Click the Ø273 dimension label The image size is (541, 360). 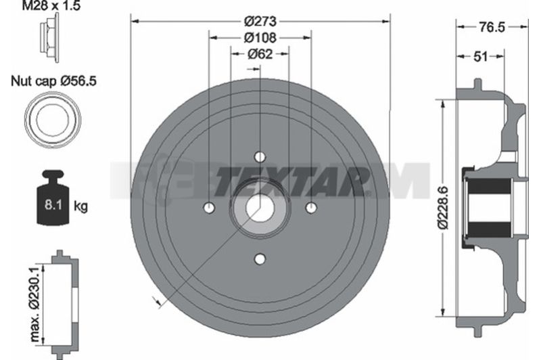coord(260,22)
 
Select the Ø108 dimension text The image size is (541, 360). coord(260,38)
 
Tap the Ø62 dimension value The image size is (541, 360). coord(260,54)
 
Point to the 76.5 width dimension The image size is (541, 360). coord(492,27)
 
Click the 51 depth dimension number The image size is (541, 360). coord(481,56)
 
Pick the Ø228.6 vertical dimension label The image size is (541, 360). coord(443,208)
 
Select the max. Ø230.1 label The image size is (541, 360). coord(36,305)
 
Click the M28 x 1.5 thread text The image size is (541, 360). coord(51,5)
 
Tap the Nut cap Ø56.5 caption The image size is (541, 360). coord(53,81)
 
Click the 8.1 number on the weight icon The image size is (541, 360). coord(53,204)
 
